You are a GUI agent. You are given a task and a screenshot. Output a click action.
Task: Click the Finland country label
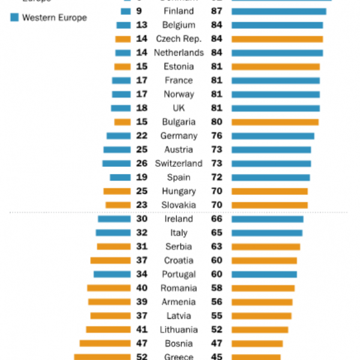179,11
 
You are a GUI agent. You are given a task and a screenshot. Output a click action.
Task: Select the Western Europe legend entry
54,17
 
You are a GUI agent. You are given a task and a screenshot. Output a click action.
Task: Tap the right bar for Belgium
277,25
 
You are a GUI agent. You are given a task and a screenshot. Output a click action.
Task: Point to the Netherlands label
179,53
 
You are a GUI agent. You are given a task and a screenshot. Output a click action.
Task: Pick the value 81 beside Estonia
217,67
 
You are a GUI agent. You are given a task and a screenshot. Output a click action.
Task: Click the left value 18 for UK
142,108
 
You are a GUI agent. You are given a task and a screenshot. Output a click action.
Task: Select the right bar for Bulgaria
275,122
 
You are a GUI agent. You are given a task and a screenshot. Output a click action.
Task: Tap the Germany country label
179,136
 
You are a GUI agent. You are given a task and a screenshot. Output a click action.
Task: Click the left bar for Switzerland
116,163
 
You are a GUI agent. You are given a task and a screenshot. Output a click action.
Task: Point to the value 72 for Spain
217,177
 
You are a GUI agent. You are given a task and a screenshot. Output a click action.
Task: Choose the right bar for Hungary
269,191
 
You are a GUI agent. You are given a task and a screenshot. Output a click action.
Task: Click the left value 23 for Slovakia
142,205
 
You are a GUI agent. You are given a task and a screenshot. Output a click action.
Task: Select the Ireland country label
179,219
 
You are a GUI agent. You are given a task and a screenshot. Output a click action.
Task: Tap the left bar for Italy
113,233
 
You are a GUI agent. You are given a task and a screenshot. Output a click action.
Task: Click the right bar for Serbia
266,247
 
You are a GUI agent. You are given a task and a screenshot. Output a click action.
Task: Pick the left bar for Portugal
112,274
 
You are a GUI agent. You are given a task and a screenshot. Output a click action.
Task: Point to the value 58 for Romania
217,288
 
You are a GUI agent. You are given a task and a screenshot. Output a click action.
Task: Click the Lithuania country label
179,329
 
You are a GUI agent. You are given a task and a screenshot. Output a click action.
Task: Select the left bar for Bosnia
105,343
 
